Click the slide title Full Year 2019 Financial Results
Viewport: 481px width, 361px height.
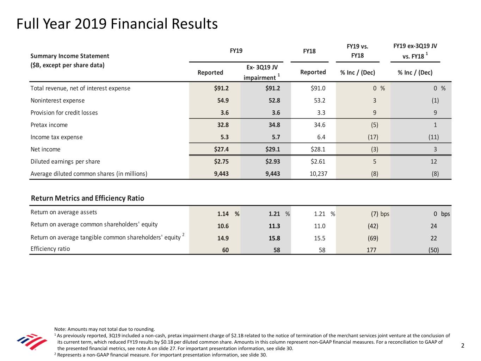pos(117,24)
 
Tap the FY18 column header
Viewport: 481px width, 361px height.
pos(309,51)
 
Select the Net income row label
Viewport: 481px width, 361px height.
pos(45,149)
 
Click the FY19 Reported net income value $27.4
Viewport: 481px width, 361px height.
pos(221,149)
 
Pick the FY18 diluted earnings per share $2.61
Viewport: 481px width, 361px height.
pos(318,161)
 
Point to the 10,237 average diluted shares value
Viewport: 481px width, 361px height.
pos(319,174)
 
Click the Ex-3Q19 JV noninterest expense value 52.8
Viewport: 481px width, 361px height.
pos(275,100)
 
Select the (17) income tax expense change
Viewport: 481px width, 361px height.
pos(373,137)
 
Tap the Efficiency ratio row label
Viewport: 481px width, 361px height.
pos(50,249)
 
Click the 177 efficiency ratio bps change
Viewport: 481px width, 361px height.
pos(371,250)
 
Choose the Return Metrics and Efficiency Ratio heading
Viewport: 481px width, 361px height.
pos(87,198)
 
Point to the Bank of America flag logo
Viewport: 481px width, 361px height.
pos(32,342)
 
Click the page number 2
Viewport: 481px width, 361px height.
pos(463,345)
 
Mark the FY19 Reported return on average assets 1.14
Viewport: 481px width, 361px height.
pos(223,214)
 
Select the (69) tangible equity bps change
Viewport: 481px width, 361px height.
pos(373,238)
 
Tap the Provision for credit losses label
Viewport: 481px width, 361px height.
pos(64,113)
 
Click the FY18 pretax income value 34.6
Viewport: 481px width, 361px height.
pos(320,125)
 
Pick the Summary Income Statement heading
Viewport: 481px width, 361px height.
pos(70,56)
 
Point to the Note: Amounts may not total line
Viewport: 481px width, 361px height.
pos(105,329)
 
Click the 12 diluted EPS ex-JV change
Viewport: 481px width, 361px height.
pos(434,161)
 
